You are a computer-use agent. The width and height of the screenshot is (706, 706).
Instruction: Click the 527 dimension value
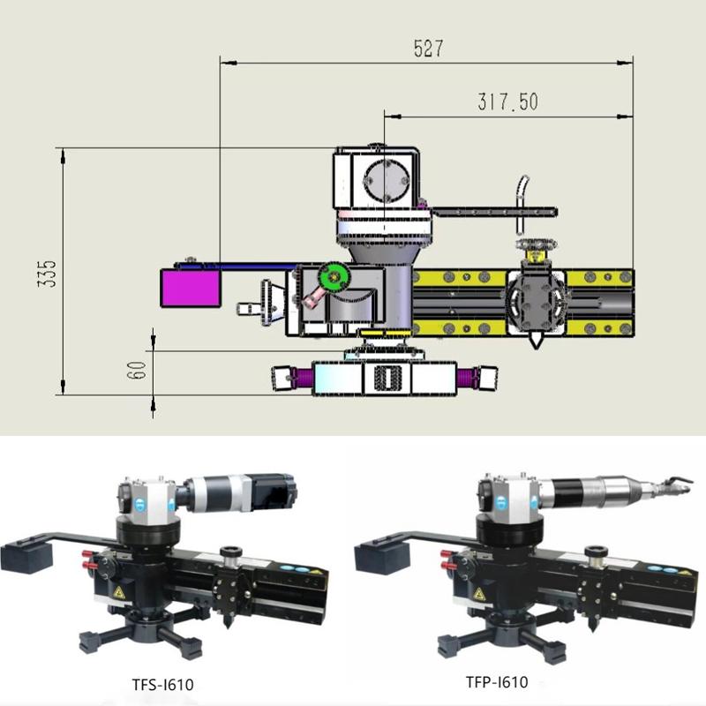click(427, 49)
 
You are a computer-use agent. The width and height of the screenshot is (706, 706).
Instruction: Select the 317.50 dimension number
click(507, 102)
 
